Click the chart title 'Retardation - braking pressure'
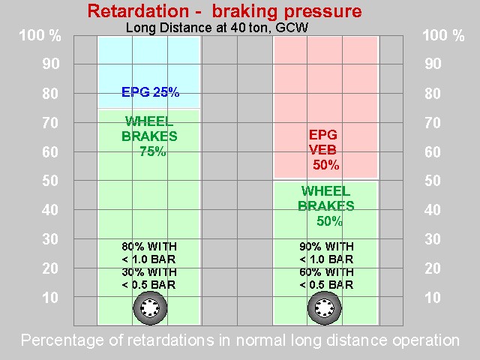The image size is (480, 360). (x=224, y=11)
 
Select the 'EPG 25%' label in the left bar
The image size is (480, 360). (x=150, y=93)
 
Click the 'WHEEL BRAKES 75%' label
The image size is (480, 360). (x=150, y=136)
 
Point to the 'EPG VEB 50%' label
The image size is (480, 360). (x=325, y=150)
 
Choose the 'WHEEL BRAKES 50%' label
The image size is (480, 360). (x=326, y=205)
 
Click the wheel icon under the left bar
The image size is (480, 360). (x=150, y=307)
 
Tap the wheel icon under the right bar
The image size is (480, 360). (x=325, y=307)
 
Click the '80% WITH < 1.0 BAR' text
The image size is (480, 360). (x=150, y=252)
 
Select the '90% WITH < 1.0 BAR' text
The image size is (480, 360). (x=325, y=252)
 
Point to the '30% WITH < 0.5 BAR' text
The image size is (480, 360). (x=150, y=278)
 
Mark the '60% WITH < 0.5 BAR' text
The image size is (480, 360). (x=325, y=278)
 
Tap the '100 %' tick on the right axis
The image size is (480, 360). (x=443, y=36)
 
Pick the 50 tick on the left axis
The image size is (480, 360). (x=51, y=181)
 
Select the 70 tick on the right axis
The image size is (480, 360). (x=433, y=122)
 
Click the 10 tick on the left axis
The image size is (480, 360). (x=51, y=298)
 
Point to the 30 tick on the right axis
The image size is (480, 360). (x=433, y=239)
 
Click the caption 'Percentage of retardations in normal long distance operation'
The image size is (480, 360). (x=240, y=340)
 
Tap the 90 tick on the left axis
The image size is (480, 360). (x=51, y=64)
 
